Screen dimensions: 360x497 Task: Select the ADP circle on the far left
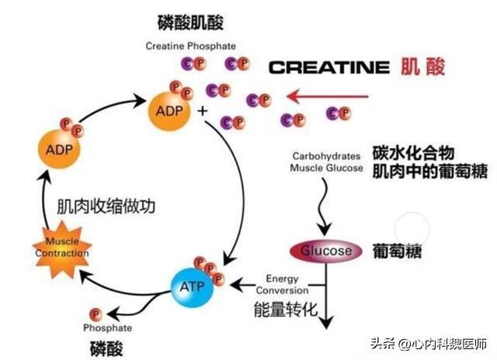click(x=58, y=149)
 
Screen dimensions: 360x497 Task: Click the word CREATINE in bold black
click(x=328, y=67)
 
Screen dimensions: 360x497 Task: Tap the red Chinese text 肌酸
click(x=424, y=66)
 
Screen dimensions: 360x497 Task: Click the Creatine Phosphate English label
click(x=190, y=46)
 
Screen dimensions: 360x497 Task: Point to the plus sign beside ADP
click(x=203, y=111)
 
